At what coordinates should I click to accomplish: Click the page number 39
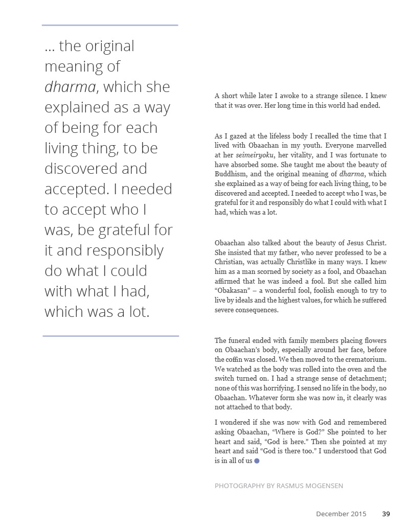[x=386, y=514]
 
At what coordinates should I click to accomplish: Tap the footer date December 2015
[x=341, y=514]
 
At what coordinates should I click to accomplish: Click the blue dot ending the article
[x=257, y=460]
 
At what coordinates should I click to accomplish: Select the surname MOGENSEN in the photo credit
[x=325, y=486]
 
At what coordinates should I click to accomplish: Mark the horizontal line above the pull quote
[x=110, y=25]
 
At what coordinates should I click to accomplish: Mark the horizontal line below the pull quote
[x=110, y=336]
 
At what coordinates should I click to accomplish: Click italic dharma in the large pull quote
[x=70, y=87]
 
